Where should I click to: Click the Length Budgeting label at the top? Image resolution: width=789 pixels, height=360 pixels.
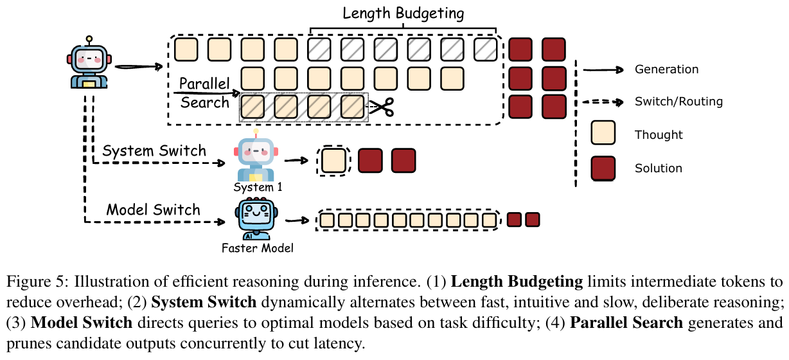403,13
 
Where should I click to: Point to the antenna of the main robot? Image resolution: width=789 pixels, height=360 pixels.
89,40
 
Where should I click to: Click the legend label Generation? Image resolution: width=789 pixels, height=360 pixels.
666,69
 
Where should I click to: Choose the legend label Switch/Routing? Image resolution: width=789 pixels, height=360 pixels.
678,102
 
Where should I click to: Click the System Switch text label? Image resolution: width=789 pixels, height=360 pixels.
154,152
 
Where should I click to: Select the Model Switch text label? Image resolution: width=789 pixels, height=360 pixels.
153,210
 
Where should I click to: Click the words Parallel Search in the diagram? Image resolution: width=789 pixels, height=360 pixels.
204,93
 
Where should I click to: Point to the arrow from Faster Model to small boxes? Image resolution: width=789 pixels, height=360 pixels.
297,220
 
